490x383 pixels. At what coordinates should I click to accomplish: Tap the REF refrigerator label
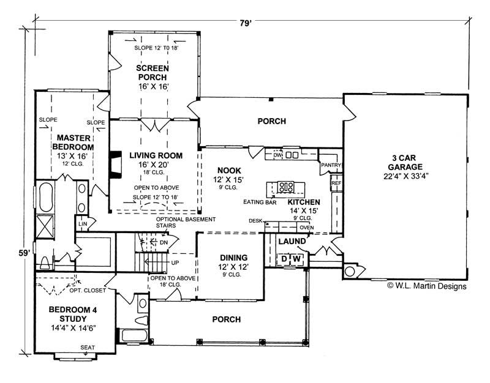point(336,183)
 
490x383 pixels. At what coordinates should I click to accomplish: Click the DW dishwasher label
point(277,155)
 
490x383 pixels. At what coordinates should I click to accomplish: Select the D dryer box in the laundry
point(284,259)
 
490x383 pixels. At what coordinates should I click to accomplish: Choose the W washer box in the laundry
point(296,259)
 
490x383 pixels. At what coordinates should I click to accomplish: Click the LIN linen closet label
point(81,225)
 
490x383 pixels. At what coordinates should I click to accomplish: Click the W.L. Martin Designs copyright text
point(427,286)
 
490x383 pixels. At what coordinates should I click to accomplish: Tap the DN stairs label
point(164,242)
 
